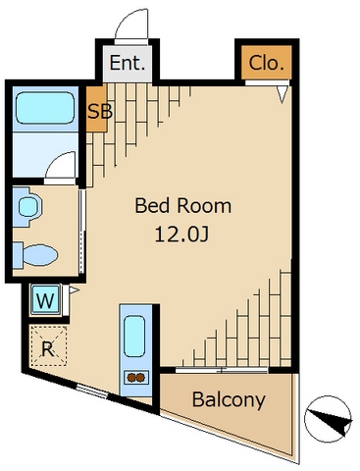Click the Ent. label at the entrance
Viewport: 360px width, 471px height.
[x=128, y=63]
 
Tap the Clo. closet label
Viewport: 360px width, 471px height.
[x=266, y=63]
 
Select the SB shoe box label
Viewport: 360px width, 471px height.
[x=100, y=112]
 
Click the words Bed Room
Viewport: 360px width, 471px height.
[x=183, y=206]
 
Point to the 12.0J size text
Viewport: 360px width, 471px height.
[x=181, y=235]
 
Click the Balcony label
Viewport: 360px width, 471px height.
[x=229, y=399]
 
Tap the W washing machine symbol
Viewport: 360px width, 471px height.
[x=45, y=300]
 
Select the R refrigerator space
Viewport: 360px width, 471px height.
[x=48, y=345]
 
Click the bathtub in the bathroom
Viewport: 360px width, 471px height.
[x=45, y=108]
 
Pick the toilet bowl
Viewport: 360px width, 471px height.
[x=36, y=255]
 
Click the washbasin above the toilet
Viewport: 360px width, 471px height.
[x=28, y=206]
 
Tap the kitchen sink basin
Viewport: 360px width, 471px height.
[x=134, y=336]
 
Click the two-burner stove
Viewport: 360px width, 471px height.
[x=136, y=378]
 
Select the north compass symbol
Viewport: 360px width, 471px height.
[x=328, y=419]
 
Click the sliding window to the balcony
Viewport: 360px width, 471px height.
[x=222, y=370]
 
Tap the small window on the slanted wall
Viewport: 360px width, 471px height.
[x=92, y=392]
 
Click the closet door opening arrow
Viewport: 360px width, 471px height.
[x=283, y=94]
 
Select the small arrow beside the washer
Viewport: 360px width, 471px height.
[x=74, y=290]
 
